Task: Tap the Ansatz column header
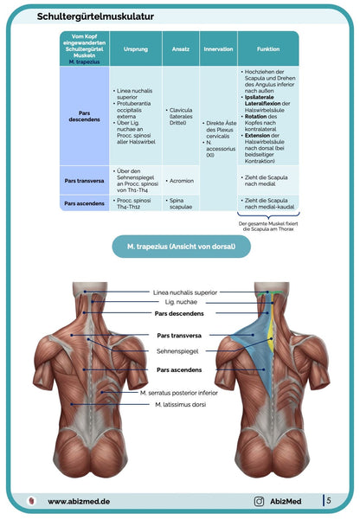point(181,49)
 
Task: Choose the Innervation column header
point(217,49)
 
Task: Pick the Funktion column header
point(267,49)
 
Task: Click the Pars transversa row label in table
point(85,181)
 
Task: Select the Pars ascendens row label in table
point(85,203)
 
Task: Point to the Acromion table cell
point(181,182)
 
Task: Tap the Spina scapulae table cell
point(180,203)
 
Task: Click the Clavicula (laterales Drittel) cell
point(181,116)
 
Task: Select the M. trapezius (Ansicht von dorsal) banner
point(180,248)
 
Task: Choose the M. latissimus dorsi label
point(181,404)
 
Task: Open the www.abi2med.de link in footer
point(78,501)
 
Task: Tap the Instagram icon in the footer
point(258,501)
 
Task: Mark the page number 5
point(328,500)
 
